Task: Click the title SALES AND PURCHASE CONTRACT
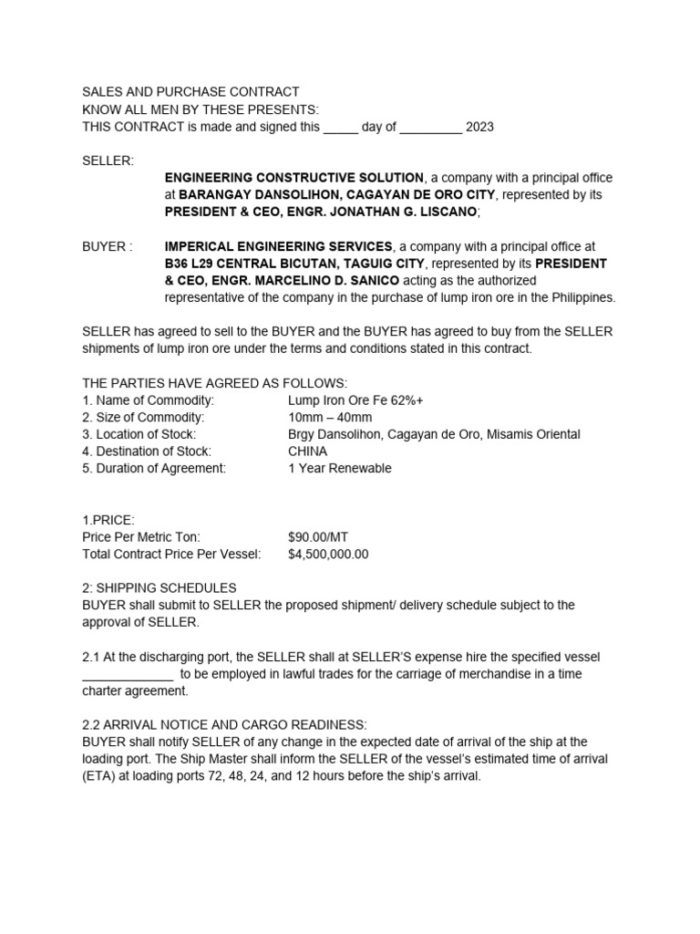point(190,92)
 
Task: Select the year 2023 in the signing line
point(479,127)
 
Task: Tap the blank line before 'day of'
point(341,127)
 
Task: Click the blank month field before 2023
point(430,127)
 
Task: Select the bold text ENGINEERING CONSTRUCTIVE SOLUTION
point(294,178)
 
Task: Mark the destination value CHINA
point(307,451)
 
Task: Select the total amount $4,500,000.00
point(328,555)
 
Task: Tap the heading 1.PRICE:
point(108,520)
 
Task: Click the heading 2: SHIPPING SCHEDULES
point(160,588)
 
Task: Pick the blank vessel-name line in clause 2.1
point(128,675)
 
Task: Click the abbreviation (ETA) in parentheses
point(98,777)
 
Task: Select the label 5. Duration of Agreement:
point(154,469)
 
